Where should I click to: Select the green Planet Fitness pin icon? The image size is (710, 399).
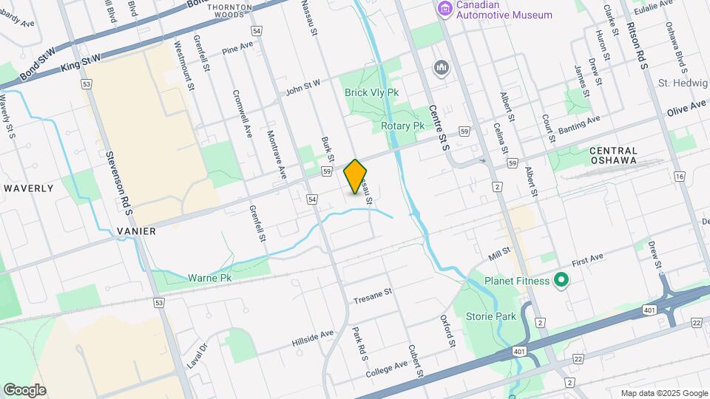[x=561, y=280]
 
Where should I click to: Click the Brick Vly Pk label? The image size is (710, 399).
[x=371, y=92]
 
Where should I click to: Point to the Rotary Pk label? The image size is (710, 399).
[x=402, y=126]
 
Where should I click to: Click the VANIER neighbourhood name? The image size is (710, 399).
[x=136, y=231]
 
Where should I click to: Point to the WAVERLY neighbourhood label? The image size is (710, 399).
[x=29, y=188]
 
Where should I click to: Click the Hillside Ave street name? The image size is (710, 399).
[x=312, y=335]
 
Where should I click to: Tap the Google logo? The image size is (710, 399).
[x=24, y=389]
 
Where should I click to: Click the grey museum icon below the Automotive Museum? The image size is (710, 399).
[x=442, y=68]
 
